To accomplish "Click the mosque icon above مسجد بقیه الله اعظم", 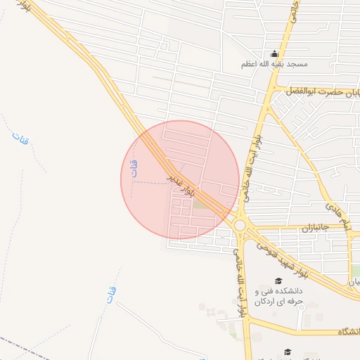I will (274, 54).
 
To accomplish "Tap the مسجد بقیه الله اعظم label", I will (275, 65).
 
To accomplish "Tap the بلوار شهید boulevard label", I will (274, 255).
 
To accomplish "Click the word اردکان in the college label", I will (254, 301).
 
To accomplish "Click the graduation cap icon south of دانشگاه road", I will (287, 352).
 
